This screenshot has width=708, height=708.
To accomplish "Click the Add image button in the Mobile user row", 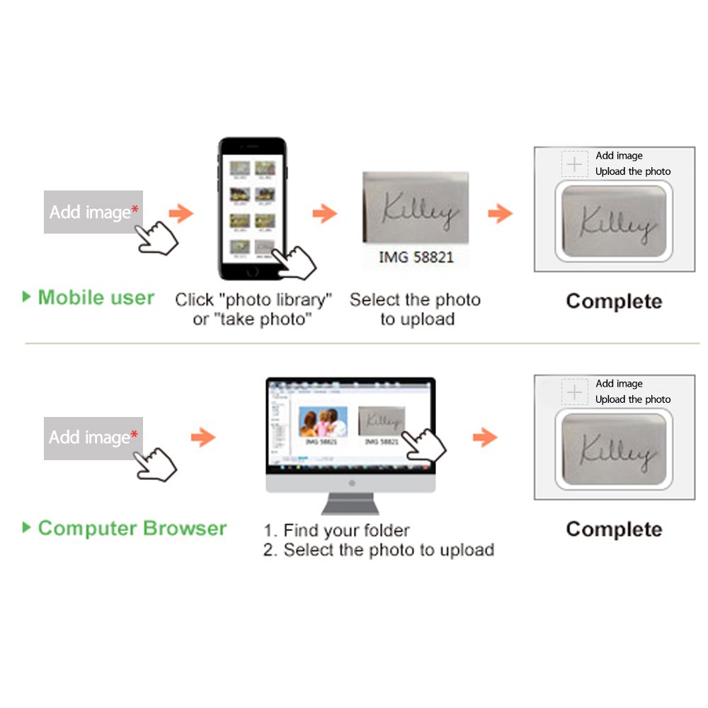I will (93, 212).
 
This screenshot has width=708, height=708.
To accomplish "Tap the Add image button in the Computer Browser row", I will (93, 438).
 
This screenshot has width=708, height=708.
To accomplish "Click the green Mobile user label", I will (96, 297).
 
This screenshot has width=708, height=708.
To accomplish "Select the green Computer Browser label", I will (132, 528).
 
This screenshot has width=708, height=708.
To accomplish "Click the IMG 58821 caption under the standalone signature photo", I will (416, 257).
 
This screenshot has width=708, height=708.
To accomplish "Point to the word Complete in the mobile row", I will (614, 302).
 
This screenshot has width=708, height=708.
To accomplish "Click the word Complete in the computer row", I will (614, 530).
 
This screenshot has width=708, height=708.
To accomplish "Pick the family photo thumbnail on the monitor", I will (324, 422).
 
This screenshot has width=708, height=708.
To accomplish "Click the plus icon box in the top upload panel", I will (575, 164).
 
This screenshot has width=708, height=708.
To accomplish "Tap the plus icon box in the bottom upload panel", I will (575, 392).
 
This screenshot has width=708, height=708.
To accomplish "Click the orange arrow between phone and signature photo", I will (325, 212).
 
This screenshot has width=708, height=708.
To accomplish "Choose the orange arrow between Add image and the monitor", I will (203, 438).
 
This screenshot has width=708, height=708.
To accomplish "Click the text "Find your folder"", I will (346, 530).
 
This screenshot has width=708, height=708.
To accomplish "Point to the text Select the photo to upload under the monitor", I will (389, 550).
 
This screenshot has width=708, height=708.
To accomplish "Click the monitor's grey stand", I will (350, 502).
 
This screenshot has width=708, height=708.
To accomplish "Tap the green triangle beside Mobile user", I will (27, 297).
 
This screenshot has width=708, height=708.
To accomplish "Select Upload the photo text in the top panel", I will (633, 171).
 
